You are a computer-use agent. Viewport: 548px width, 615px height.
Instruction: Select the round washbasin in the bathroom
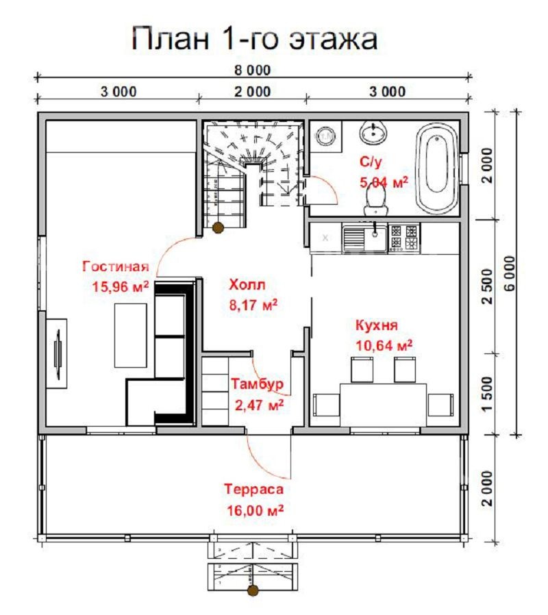(x=373, y=133)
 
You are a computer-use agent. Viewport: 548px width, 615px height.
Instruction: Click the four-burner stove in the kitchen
(x=403, y=238)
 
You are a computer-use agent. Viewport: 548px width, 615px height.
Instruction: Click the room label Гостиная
(x=116, y=266)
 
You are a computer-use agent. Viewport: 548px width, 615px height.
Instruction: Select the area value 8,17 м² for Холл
(x=253, y=305)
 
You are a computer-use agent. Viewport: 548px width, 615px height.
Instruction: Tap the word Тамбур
(x=257, y=384)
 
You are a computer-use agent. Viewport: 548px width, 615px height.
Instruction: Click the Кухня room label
(x=377, y=325)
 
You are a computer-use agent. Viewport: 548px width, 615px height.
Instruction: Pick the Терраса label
(x=254, y=489)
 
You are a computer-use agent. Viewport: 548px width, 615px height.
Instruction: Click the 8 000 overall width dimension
(x=253, y=71)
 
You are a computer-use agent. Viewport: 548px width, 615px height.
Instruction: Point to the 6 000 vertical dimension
(x=509, y=273)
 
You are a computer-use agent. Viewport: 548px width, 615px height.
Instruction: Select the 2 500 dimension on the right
(x=487, y=286)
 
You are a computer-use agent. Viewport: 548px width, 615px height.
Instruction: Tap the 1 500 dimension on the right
(x=487, y=394)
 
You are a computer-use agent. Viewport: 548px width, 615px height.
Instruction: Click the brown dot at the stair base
(x=218, y=227)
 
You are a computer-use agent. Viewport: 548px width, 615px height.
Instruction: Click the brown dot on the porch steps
(x=253, y=590)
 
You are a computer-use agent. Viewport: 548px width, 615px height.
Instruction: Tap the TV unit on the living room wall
(x=56, y=354)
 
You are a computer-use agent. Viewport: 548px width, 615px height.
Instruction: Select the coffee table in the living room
(x=131, y=336)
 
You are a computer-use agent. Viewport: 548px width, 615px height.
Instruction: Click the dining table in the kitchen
(x=383, y=405)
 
